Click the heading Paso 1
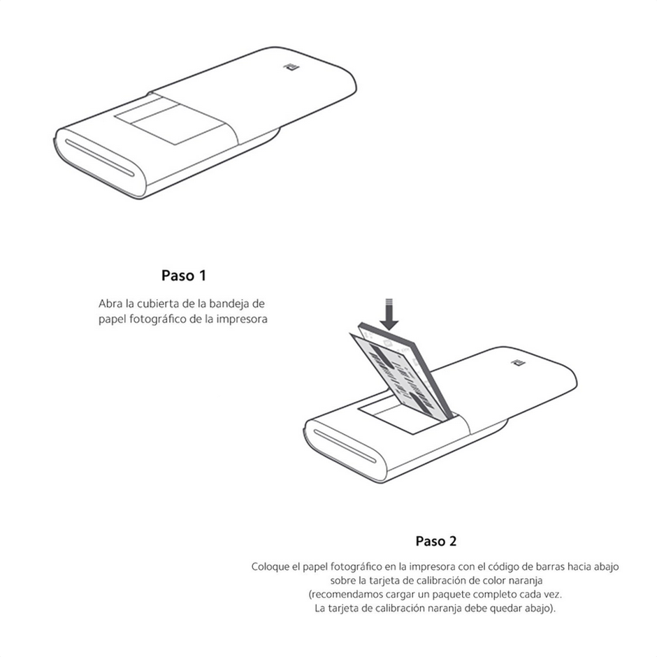pos(184,275)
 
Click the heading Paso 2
pos(436,541)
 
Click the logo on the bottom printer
pos(517,362)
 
